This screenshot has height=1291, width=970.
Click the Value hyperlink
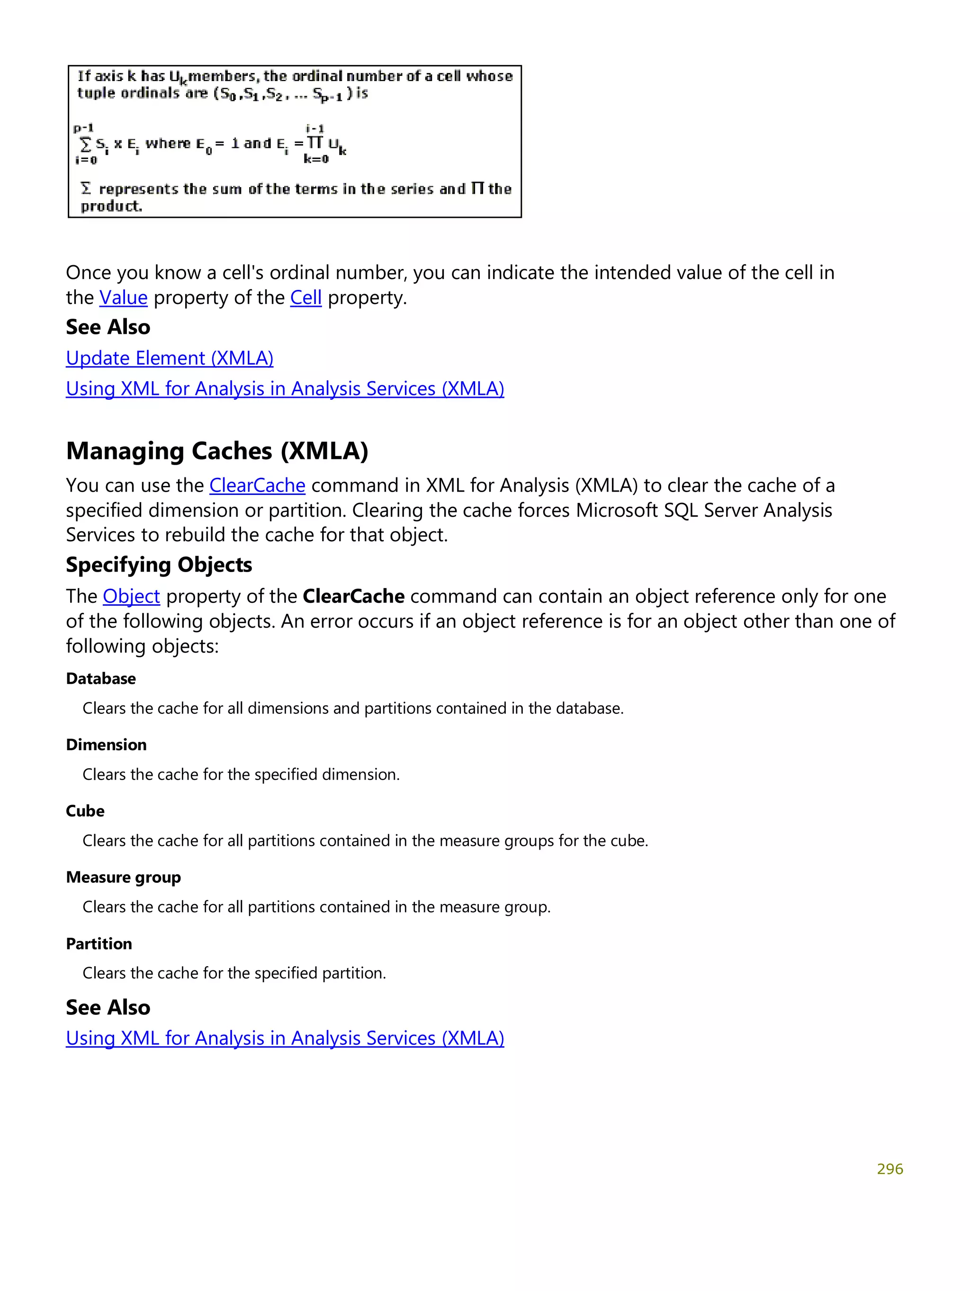coord(123,298)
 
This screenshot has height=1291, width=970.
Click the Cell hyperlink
coord(306,298)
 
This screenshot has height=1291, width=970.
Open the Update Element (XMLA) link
coord(169,358)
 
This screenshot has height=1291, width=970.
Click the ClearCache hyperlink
coord(257,485)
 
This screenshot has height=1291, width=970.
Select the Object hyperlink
coord(131,596)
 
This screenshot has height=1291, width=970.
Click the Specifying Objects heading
coord(159,565)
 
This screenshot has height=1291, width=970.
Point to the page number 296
coord(889,1168)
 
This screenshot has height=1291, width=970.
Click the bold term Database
coord(101,678)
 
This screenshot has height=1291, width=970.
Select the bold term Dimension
coord(106,745)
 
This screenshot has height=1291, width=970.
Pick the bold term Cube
coord(85,811)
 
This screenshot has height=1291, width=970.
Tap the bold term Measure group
coord(123,877)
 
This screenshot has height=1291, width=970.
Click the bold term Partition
coord(99,944)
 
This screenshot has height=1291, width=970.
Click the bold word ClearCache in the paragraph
coord(354,596)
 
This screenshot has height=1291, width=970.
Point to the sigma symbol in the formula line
coord(86,143)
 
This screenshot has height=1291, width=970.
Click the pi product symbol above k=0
coord(315,143)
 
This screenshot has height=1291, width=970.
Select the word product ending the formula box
coord(111,206)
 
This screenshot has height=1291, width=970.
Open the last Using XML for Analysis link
coord(285,1038)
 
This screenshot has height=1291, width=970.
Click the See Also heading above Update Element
coord(108,327)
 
